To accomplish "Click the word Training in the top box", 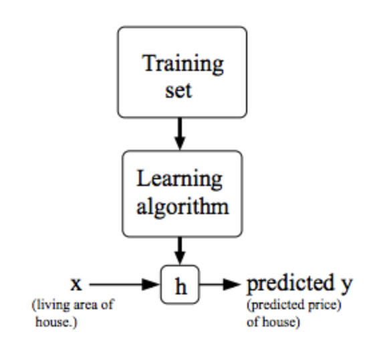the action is point(183,64).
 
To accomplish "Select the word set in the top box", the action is point(178,91).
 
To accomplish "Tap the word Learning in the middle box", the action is point(179,179).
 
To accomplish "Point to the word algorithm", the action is point(182,206).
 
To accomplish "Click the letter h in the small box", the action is point(180,286).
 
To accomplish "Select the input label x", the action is point(76,284).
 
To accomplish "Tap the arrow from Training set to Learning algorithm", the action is point(180,134).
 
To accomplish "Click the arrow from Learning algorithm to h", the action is point(180,251).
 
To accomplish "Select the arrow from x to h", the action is point(124,284).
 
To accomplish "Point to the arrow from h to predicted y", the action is point(220,284).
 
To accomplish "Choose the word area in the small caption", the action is point(86,306).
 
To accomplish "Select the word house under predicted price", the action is point(279,322).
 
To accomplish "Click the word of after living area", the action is point(107,304).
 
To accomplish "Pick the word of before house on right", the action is point(253,322).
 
